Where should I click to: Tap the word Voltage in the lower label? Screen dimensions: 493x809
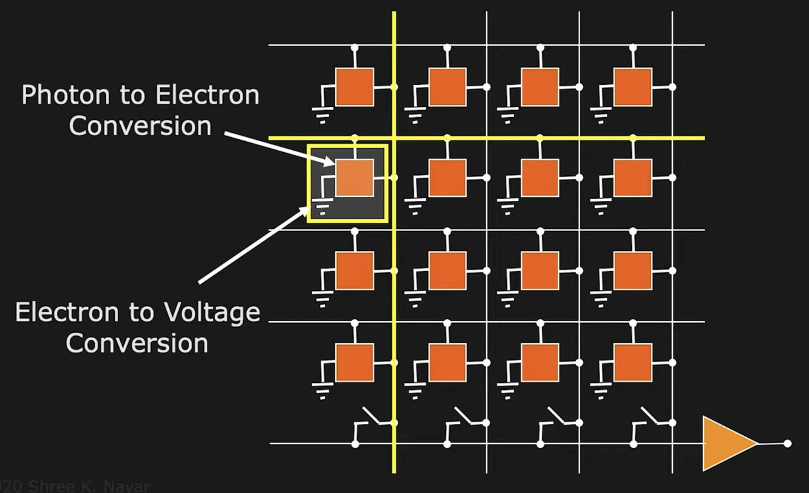(212, 313)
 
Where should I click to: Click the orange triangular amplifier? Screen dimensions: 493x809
(726, 443)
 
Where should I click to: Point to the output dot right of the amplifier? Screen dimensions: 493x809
(788, 443)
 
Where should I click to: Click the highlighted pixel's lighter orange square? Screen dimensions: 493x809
(354, 178)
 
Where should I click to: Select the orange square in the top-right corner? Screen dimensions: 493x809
(633, 87)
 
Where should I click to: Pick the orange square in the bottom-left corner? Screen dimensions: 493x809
(354, 362)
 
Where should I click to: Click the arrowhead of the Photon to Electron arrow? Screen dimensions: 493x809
(329, 163)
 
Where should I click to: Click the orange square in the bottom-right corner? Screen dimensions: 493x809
(633, 362)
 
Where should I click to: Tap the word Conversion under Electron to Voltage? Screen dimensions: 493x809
(137, 343)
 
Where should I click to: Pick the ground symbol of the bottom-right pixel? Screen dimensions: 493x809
(601, 391)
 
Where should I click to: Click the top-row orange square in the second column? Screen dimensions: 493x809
(447, 87)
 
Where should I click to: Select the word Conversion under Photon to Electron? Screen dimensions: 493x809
(140, 126)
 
